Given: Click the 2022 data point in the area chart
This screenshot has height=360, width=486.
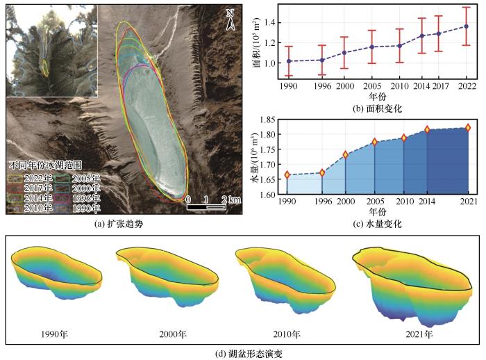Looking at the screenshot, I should click(x=466, y=26).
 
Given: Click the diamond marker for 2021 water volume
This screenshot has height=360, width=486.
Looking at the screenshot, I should click(x=469, y=127).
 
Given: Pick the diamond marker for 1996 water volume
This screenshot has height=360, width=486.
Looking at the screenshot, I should click(x=322, y=172).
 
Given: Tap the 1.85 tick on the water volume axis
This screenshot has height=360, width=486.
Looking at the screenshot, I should click(x=269, y=120).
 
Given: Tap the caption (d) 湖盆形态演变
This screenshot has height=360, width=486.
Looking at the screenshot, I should click(x=242, y=353).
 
